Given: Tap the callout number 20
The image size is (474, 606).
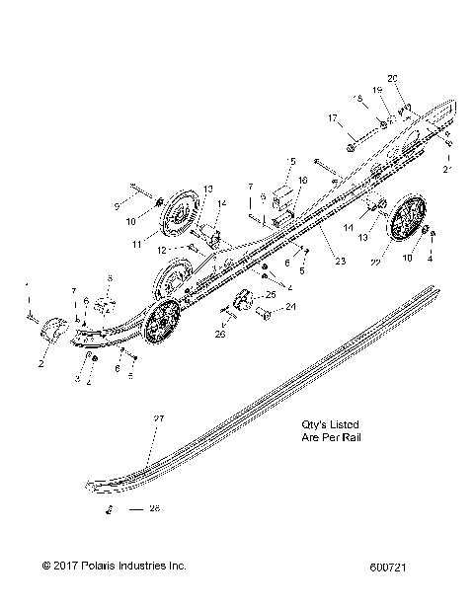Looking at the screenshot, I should (x=392, y=78).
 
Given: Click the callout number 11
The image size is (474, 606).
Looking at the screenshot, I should (x=149, y=240).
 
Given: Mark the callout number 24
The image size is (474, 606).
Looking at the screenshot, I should (x=292, y=308).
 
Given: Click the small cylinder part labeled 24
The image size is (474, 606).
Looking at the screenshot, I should (x=265, y=314).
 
